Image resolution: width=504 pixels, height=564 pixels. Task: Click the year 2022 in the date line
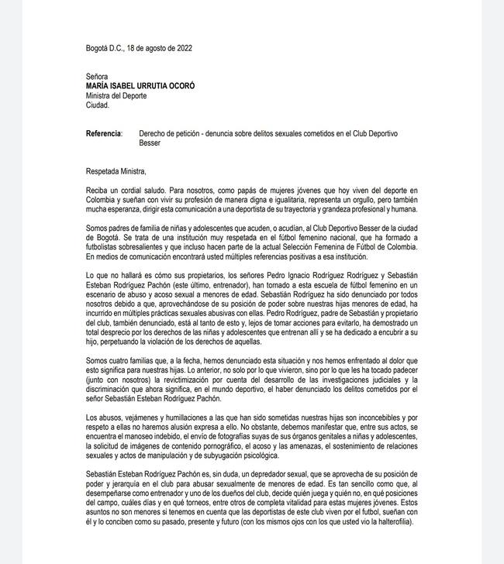pos(182,48)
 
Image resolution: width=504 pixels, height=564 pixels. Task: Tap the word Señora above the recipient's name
pos(98,77)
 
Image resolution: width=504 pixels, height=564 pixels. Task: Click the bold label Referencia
pos(103,134)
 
